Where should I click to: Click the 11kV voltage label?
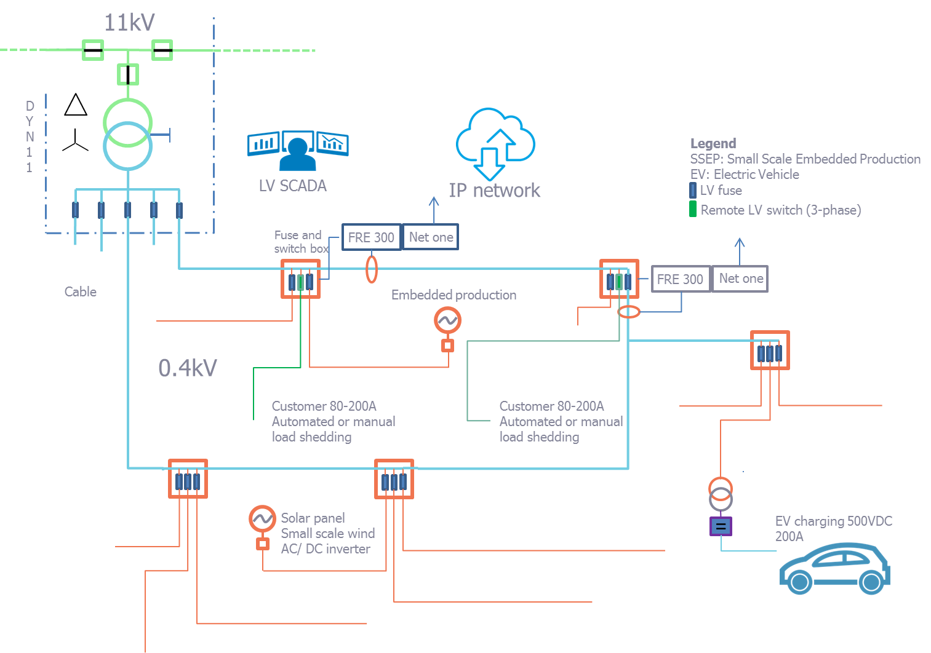coord(129,23)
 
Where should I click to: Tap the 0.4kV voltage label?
coord(187,368)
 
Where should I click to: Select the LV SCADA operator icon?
coord(298,151)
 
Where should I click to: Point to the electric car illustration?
coord(835,568)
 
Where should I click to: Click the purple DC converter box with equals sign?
coord(721,526)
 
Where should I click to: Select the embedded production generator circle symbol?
coord(447,320)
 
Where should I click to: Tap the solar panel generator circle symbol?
coord(262,519)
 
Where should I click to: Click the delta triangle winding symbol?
coord(76,105)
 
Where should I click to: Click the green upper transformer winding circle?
coord(127,122)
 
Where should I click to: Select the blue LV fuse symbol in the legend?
coord(693,190)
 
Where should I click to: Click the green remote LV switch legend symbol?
coord(693,209)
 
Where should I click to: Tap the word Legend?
coord(713,143)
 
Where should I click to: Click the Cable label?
coord(81,291)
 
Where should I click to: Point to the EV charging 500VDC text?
coord(833,521)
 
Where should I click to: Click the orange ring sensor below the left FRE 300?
coord(371,269)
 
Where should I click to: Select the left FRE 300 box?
coord(372,237)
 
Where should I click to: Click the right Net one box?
coord(740,279)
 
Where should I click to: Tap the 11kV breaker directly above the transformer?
coord(127,74)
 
